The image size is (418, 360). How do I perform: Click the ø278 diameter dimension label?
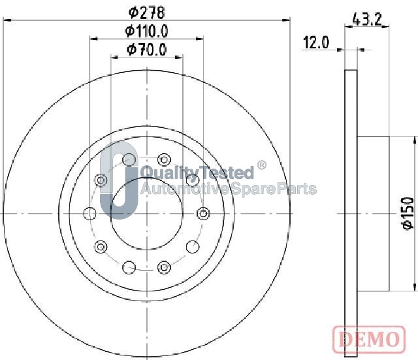point(146,12)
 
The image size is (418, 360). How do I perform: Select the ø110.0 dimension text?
point(146,31)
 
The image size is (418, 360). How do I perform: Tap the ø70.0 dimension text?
point(146,50)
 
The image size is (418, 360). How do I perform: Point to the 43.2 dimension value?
point(367,19)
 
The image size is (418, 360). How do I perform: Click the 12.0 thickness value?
point(316,42)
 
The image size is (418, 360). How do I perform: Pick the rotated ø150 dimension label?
point(408,213)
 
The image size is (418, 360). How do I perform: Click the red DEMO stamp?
point(369,340)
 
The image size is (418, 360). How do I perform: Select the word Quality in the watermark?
point(171,172)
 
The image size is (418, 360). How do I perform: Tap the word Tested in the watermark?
point(228,172)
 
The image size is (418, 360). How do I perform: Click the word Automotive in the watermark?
point(184,189)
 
